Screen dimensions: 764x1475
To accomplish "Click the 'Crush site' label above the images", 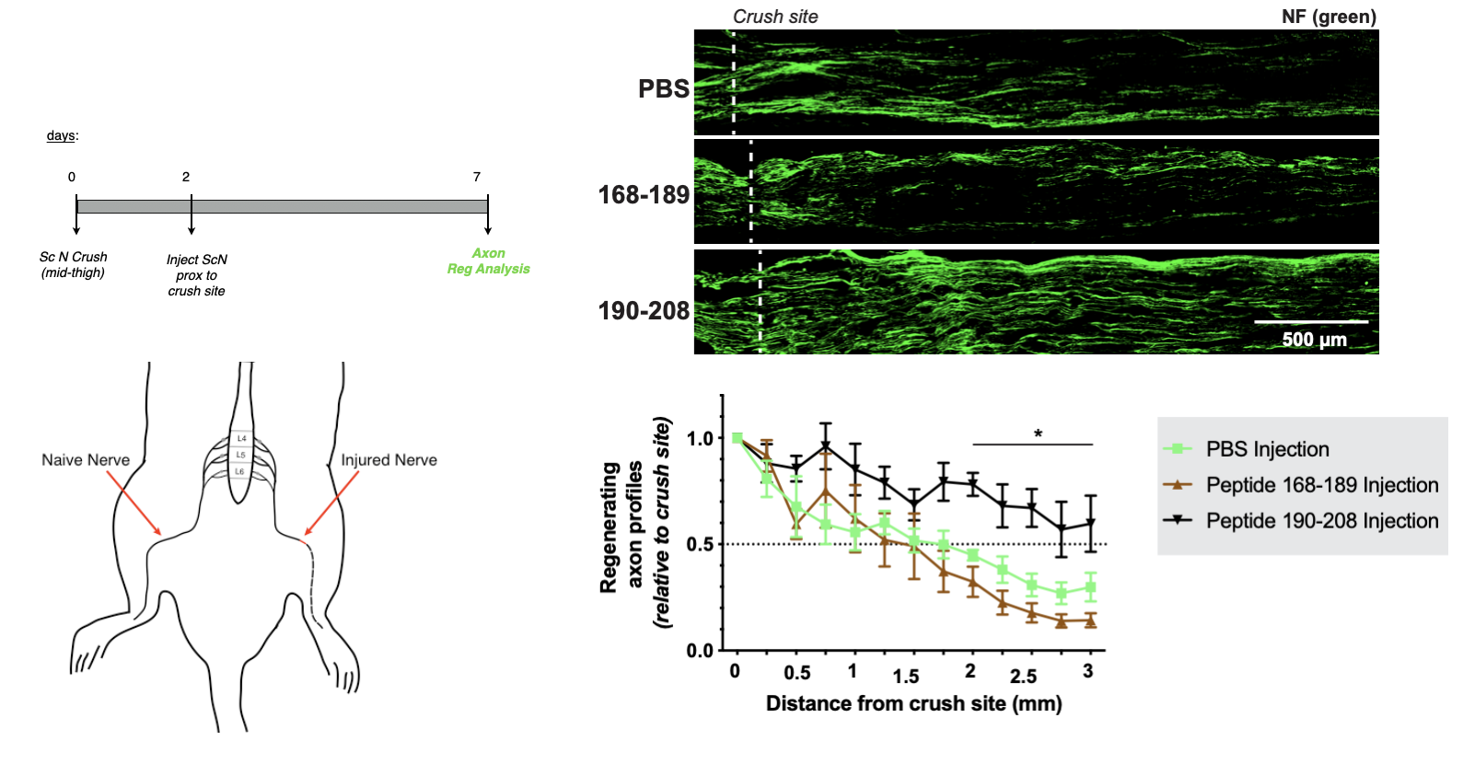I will point(774,17).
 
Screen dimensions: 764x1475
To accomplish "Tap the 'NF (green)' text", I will point(1328,17).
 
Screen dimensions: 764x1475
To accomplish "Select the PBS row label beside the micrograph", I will point(663,89).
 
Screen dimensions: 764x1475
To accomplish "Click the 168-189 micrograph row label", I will point(644,195).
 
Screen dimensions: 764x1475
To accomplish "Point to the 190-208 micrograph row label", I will point(644,311).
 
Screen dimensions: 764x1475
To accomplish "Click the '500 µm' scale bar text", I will point(1314,340).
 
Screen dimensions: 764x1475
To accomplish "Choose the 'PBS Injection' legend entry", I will point(1267,449).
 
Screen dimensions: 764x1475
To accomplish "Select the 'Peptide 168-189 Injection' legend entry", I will point(1321,485).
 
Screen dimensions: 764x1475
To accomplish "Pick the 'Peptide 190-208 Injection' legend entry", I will point(1321,521).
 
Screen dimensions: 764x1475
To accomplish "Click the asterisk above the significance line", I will point(1038,434).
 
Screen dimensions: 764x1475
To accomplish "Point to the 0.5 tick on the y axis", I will point(700,544).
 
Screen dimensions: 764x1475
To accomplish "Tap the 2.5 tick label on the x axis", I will point(1023,677).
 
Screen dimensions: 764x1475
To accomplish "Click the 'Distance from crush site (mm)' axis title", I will point(913,704).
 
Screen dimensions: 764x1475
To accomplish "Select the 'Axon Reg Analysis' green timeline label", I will point(488,260).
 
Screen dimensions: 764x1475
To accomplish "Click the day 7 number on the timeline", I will point(477,177).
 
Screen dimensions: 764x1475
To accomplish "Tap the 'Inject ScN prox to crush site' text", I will point(196,275).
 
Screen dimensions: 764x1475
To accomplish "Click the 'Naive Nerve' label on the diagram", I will point(86,460).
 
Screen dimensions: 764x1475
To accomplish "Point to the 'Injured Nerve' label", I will point(389,460).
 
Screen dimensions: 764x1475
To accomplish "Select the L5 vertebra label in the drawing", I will point(240,455).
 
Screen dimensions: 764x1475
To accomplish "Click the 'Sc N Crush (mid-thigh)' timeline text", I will point(73,264).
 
